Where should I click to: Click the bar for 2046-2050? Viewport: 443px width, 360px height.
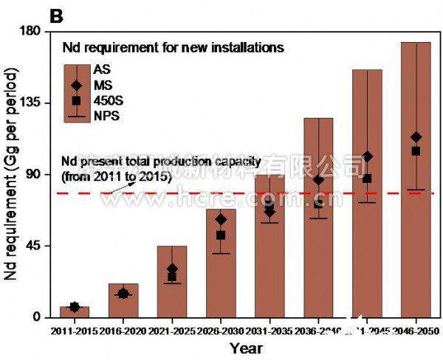(416, 221)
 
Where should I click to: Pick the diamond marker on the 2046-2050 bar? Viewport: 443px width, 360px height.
(416, 137)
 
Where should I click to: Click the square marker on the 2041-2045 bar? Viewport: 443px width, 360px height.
(367, 179)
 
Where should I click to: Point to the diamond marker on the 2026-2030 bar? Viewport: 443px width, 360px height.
(221, 219)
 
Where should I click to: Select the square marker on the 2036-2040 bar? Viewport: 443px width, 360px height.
(318, 204)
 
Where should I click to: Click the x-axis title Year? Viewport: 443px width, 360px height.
(245, 347)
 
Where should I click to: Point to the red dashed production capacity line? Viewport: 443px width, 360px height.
(244, 193)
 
